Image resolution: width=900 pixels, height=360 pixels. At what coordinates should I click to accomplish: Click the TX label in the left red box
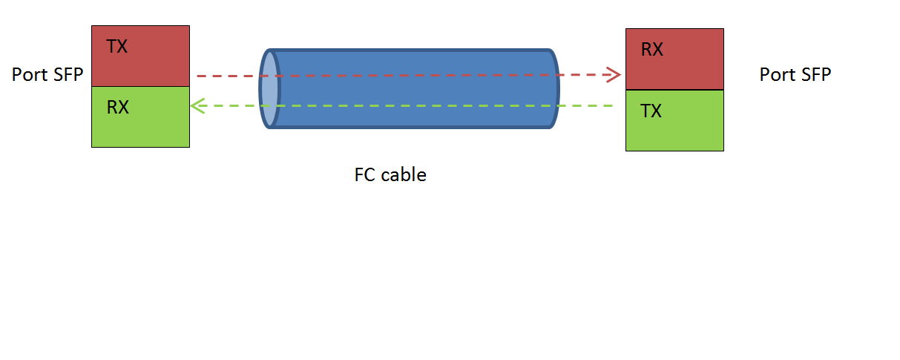pyautogui.click(x=117, y=47)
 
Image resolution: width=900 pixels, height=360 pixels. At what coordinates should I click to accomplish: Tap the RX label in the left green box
pyautogui.click(x=118, y=108)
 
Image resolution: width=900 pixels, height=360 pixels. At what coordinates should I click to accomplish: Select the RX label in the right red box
pyautogui.click(x=652, y=50)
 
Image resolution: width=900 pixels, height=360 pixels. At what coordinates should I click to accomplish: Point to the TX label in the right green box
pyautogui.click(x=651, y=111)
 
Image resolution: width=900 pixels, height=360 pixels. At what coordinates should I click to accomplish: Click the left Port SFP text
pyautogui.click(x=47, y=75)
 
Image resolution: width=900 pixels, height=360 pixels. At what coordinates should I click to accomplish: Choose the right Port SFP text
pyautogui.click(x=795, y=74)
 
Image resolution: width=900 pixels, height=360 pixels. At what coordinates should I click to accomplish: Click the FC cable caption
pyautogui.click(x=390, y=175)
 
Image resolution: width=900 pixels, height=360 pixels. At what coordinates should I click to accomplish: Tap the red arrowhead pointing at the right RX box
pyautogui.click(x=614, y=74)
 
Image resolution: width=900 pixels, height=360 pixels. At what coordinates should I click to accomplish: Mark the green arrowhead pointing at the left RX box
pyautogui.click(x=197, y=106)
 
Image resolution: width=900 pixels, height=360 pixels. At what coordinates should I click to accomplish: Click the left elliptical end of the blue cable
pyautogui.click(x=269, y=89)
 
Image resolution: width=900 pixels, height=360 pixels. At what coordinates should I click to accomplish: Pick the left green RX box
pyautogui.click(x=140, y=126)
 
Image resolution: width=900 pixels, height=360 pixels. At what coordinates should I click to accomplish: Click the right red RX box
pyautogui.click(x=674, y=71)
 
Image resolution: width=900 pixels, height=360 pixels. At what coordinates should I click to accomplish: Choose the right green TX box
pyautogui.click(x=674, y=130)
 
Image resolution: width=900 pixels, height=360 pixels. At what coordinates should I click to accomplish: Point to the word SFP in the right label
pyautogui.click(x=815, y=74)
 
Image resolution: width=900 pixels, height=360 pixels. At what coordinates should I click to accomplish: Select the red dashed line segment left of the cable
pyautogui.click(x=226, y=75)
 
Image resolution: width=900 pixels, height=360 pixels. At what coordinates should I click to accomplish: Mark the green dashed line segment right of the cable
pyautogui.click(x=586, y=106)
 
